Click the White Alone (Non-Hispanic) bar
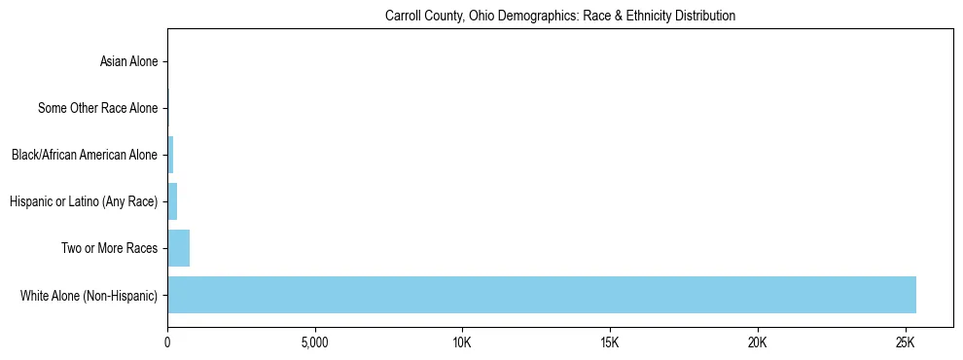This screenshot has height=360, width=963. [542, 295]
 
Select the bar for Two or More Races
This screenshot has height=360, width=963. [179, 248]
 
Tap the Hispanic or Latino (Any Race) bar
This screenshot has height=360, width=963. [172, 201]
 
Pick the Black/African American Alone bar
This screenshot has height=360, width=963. [170, 155]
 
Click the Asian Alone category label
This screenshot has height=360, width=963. [128, 62]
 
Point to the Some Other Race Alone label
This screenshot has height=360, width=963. [97, 108]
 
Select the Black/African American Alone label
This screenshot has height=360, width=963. [84, 155]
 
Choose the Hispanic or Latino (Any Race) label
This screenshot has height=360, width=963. [83, 201]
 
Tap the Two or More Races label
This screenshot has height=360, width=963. [109, 248]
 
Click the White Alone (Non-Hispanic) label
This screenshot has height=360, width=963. [89, 295]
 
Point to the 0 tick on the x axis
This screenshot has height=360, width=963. [167, 343]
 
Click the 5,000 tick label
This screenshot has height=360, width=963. [315, 343]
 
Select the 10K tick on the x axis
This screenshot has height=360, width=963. [462, 343]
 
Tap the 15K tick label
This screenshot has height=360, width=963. [610, 343]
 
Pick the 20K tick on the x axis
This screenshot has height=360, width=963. [757, 343]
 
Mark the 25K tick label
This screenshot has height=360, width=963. [905, 343]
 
